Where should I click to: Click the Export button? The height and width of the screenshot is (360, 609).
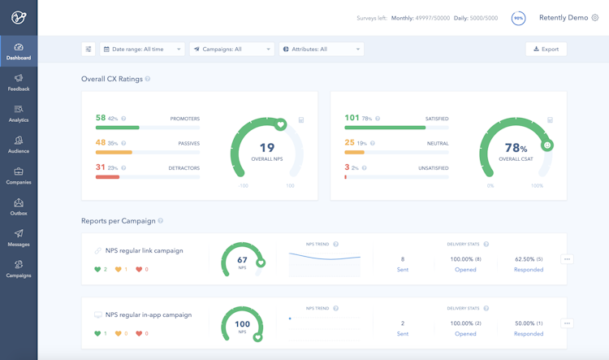[x=546, y=49]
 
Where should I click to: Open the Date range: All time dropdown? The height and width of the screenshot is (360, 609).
[x=142, y=49]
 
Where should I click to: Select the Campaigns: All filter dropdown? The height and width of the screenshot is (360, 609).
[x=231, y=49]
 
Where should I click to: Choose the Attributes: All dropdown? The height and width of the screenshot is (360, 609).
[x=321, y=49]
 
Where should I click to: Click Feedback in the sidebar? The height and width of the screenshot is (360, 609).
[x=19, y=82]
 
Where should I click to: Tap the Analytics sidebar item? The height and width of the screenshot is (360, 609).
[x=19, y=113]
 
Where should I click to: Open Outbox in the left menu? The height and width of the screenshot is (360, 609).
[x=19, y=206]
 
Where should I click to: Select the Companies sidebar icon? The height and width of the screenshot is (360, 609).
[x=19, y=176]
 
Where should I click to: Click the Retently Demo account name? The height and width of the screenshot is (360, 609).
[x=563, y=17]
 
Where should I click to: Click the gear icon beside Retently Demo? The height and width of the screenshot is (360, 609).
[x=595, y=17]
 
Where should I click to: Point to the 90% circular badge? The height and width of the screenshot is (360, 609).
[x=518, y=17]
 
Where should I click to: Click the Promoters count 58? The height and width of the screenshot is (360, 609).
[x=101, y=118]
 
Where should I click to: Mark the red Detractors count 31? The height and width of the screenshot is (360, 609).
[x=101, y=167]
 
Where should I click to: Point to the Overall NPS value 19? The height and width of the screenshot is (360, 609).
[x=267, y=147]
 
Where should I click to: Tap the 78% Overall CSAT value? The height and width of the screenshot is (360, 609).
[x=516, y=148]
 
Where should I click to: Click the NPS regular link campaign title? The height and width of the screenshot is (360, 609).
[x=144, y=250]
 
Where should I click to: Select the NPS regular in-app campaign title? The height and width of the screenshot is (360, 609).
[x=148, y=314]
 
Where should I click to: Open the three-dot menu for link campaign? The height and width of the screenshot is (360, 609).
[x=567, y=259]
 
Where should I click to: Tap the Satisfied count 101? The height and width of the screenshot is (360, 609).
[x=352, y=118]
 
